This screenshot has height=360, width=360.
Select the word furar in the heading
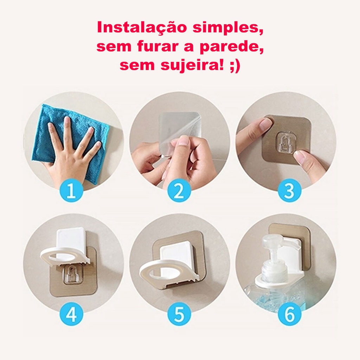[x=158, y=46]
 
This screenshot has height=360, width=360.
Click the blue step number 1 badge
[x=71, y=190]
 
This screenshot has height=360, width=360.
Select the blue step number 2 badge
[x=179, y=190]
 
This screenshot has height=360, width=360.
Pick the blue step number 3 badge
[x=290, y=190]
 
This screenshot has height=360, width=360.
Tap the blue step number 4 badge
[x=71, y=314]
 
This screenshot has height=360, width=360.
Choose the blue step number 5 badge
[x=179, y=314]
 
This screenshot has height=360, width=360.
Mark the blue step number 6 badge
[x=290, y=314]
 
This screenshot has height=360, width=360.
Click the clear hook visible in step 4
[x=71, y=274]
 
